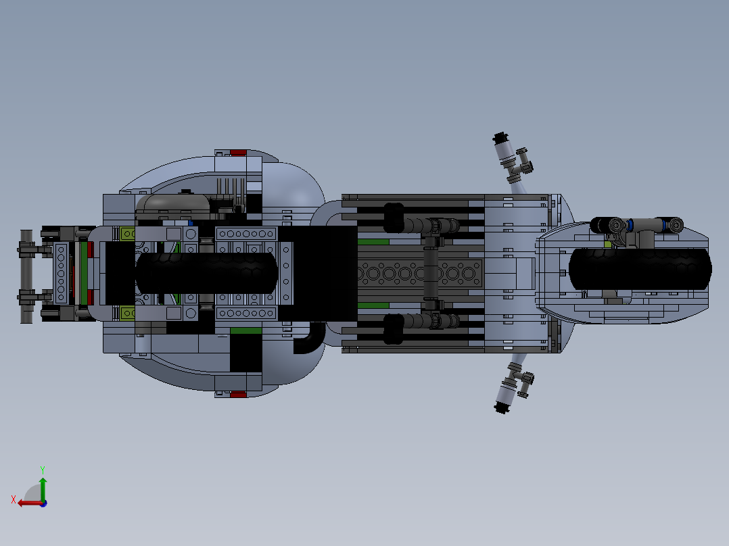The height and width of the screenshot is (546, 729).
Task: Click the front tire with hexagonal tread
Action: point(640,270)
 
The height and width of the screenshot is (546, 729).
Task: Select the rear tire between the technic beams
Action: point(207,273)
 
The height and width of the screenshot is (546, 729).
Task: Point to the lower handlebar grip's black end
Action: point(500,407)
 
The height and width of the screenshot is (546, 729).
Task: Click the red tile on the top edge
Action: point(238,153)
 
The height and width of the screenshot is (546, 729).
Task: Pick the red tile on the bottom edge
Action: point(238,395)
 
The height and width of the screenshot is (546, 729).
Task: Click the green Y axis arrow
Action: point(43,489)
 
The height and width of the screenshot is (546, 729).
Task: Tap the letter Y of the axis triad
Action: point(43,470)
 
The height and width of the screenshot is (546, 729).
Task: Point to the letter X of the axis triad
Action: point(14,499)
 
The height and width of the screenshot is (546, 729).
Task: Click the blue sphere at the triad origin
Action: point(43,503)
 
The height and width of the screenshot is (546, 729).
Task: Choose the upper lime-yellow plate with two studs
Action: point(127,234)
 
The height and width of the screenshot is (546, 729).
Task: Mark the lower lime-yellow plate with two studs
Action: point(127,313)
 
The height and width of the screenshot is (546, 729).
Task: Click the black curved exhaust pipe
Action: point(308,339)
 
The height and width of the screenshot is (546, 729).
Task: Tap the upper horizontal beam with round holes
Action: point(246,234)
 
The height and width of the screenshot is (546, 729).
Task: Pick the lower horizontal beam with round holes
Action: point(246,313)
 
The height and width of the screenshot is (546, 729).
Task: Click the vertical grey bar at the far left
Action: point(26,276)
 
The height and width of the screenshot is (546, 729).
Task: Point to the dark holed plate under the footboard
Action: point(421,274)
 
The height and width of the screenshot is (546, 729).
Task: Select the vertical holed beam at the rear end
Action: point(61,274)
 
